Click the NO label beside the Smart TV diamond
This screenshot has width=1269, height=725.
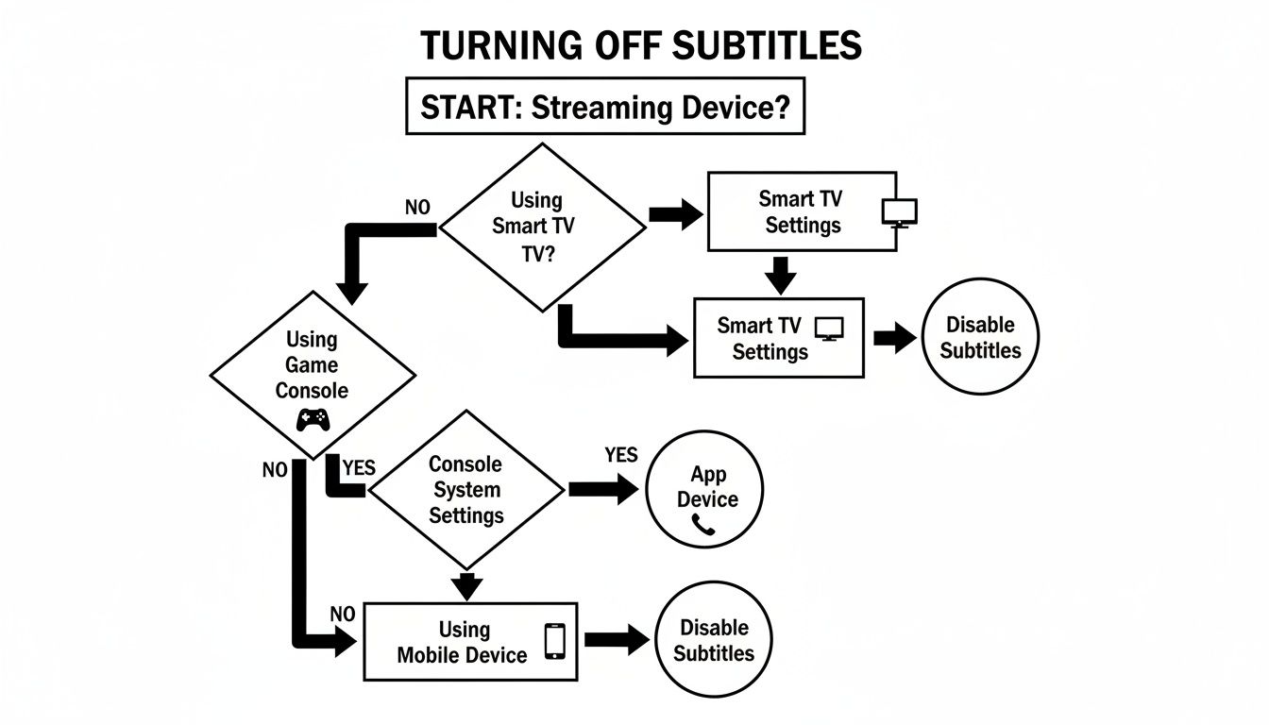pyautogui.click(x=416, y=208)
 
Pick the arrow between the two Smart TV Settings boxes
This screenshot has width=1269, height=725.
pyautogui.click(x=779, y=274)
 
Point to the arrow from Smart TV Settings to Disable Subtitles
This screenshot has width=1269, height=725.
pyautogui.click(x=893, y=338)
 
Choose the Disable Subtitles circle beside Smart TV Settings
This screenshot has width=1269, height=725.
pyautogui.click(x=979, y=337)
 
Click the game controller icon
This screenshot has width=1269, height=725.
pyautogui.click(x=312, y=420)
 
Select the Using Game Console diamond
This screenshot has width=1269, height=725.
pyautogui.click(x=312, y=375)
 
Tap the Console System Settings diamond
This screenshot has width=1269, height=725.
pyautogui.click(x=466, y=489)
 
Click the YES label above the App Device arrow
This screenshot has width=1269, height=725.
pyautogui.click(x=620, y=455)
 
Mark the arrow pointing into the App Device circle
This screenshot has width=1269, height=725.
pyautogui.click(x=603, y=489)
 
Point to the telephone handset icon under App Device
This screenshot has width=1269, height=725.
pyautogui.click(x=704, y=526)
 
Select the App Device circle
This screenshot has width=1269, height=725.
pyautogui.click(x=704, y=492)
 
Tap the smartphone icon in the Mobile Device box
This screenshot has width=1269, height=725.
pyautogui.click(x=555, y=640)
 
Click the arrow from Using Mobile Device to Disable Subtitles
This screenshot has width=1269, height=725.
pyautogui.click(x=617, y=639)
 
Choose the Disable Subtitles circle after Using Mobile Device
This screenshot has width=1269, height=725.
pyautogui.click(x=714, y=640)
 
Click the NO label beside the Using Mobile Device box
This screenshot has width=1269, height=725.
pyautogui.click(x=342, y=615)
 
